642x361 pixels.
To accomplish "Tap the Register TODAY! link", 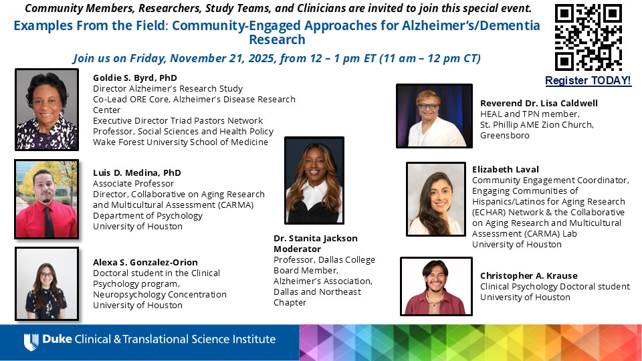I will tap(588, 81).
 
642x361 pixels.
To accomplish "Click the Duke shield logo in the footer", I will tap(31, 342).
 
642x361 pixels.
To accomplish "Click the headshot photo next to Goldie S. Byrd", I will tap(47, 110).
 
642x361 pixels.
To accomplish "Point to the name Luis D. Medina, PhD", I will tap(137, 172).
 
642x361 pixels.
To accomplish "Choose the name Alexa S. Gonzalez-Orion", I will tap(145, 262).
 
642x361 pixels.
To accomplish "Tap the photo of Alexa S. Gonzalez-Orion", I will tap(47, 283).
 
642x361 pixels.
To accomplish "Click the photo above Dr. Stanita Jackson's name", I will tap(314, 180).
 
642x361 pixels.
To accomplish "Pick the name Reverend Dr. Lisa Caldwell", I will tap(539, 103).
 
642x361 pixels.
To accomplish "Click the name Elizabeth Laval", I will tap(505, 169).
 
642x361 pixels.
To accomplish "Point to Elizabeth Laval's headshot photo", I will tap(436, 199).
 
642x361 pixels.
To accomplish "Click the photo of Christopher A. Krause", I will tap(435, 286).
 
